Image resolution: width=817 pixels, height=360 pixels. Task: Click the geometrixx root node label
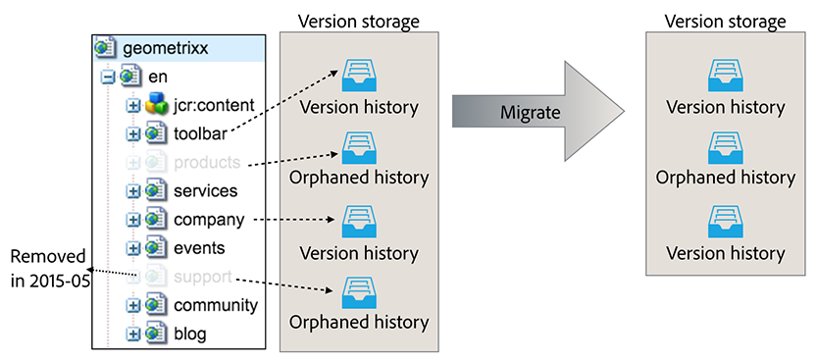[x=165, y=47]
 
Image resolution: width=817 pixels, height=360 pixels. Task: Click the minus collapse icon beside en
[x=107, y=77]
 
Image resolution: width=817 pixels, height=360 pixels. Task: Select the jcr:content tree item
[x=214, y=105]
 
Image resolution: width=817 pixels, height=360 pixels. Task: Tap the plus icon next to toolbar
[x=133, y=133]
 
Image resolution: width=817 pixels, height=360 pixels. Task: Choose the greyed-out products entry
[x=207, y=162]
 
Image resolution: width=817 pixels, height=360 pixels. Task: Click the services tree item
[x=205, y=190]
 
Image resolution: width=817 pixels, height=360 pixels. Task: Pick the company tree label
[x=208, y=219]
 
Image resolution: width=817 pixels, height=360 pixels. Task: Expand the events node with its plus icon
[x=133, y=247]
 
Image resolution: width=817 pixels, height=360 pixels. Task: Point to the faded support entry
[x=202, y=277]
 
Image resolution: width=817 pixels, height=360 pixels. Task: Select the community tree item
[x=215, y=305]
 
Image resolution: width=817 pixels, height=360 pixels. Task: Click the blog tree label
[x=189, y=334]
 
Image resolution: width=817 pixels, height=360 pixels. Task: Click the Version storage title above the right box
[x=725, y=22]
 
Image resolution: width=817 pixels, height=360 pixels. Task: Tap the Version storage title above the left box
[x=359, y=22]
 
